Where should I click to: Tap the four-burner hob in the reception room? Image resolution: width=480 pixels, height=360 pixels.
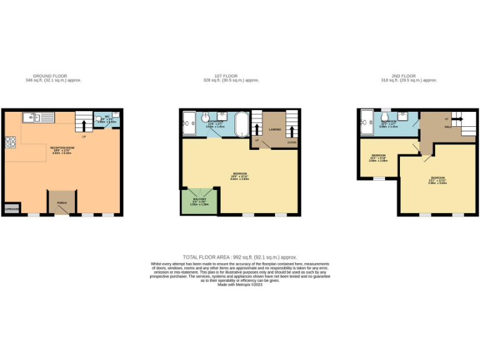[10, 142]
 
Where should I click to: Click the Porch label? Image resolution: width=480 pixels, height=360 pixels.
[61, 202]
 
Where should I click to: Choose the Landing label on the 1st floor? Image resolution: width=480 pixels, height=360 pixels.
[275, 129]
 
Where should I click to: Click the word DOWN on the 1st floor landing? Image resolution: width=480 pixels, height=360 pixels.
[292, 142]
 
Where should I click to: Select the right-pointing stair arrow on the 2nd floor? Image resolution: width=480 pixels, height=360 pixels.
[458, 118]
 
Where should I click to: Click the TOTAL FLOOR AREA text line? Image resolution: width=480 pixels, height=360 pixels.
[239, 257]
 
